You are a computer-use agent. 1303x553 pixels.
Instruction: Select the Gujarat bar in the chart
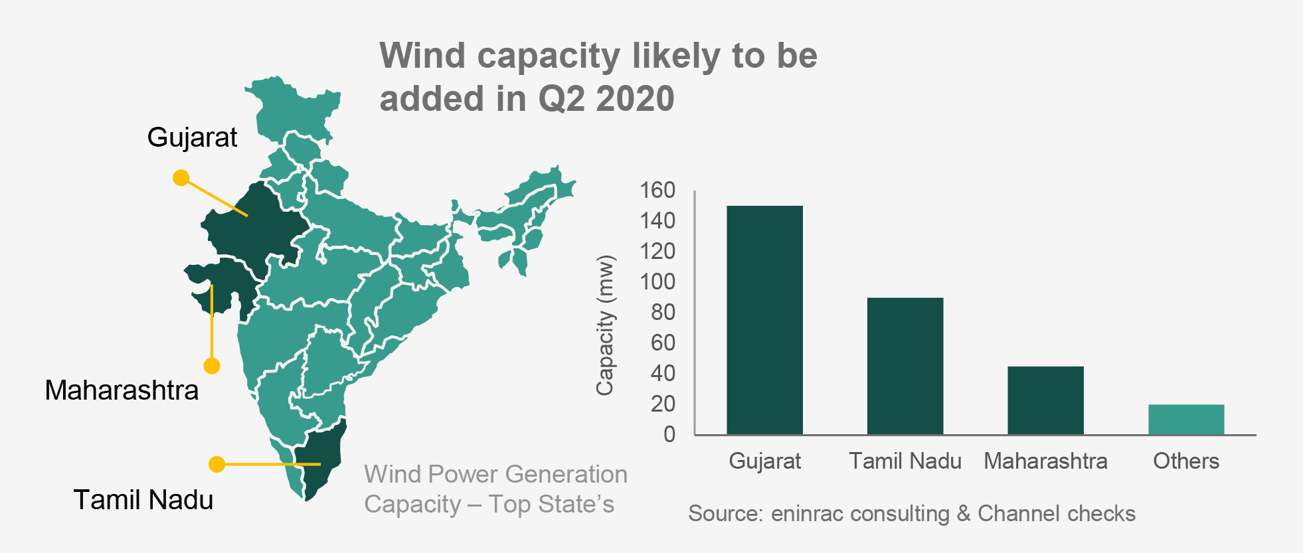[x=764, y=320]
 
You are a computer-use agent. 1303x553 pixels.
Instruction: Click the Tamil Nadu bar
[x=905, y=366]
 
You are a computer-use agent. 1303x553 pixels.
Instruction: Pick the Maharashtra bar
[x=1045, y=400]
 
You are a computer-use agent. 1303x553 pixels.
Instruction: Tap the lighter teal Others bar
[x=1186, y=420]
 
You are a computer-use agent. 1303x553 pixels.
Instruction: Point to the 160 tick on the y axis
[x=657, y=191]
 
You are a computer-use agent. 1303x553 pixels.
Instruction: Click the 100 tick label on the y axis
[x=657, y=282]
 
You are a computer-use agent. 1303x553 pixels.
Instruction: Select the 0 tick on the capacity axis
[x=669, y=435]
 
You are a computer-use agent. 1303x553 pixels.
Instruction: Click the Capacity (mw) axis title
[x=604, y=325]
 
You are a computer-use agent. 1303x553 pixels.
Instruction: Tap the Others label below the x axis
[x=1186, y=461]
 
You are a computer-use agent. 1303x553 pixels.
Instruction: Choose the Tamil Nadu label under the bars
[x=905, y=461]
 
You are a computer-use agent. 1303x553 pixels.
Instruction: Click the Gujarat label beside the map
[x=192, y=137]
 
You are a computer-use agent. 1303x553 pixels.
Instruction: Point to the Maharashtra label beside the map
[x=122, y=390]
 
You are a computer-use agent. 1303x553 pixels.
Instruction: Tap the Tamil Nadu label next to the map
[x=143, y=500]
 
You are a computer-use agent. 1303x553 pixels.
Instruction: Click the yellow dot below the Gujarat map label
[x=181, y=178]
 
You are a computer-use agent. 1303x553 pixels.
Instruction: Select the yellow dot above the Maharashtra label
[x=212, y=366]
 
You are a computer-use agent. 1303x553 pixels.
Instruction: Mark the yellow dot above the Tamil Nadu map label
[x=217, y=464]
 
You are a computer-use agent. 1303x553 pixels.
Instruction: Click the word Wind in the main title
[x=422, y=56]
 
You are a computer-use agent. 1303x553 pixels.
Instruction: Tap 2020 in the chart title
[x=635, y=99]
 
